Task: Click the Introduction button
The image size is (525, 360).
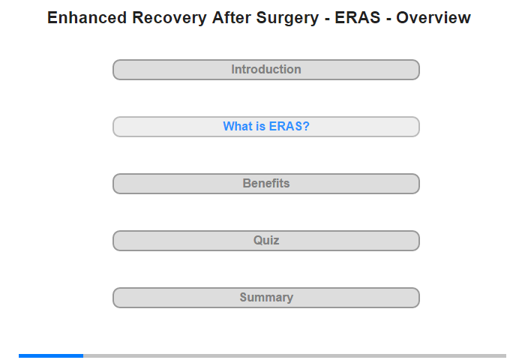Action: pyautogui.click(x=266, y=70)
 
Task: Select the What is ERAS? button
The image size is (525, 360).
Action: pyautogui.click(x=266, y=127)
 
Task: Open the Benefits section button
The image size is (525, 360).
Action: pyautogui.click(x=266, y=184)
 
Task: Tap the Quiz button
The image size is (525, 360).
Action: pyautogui.click(x=266, y=241)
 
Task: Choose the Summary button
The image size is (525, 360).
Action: pyautogui.click(x=266, y=298)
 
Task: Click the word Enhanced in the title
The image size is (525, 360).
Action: pyautogui.click(x=87, y=18)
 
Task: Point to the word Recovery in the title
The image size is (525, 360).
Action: pyautogui.click(x=169, y=19)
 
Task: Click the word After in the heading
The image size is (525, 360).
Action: pyautogui.click(x=231, y=18)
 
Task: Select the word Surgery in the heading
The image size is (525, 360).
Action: pyautogui.click(x=287, y=19)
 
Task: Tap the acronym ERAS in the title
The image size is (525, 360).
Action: pyautogui.click(x=358, y=18)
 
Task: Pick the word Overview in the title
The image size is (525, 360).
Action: pyautogui.click(x=433, y=18)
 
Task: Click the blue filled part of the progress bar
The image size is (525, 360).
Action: pyautogui.click(x=51, y=355)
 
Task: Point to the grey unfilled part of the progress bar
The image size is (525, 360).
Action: pyautogui.click(x=295, y=355)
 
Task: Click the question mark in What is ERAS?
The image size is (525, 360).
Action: pyautogui.click(x=306, y=126)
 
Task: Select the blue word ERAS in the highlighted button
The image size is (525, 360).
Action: pyautogui.click(x=285, y=126)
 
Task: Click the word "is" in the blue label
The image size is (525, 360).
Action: pyautogui.click(x=261, y=126)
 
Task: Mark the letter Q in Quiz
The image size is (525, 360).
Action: pyautogui.click(x=258, y=241)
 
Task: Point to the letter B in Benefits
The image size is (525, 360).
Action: pyautogui.click(x=247, y=183)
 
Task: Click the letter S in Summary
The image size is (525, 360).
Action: pyautogui.click(x=244, y=297)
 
